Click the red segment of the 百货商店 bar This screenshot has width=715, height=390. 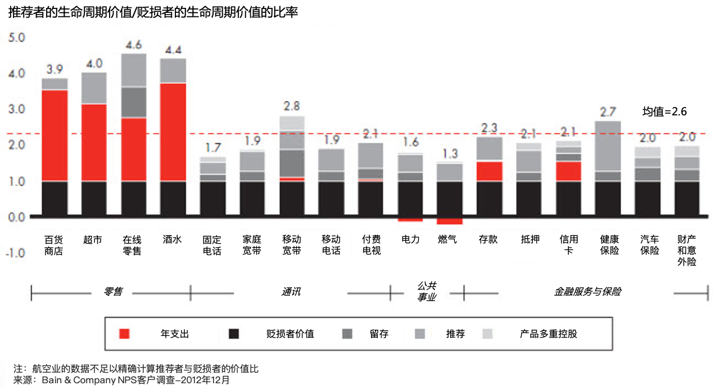click(55, 135)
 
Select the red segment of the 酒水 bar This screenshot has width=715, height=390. click(173, 132)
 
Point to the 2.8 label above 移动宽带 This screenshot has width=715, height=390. click(292, 106)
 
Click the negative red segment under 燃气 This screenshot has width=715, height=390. click(449, 221)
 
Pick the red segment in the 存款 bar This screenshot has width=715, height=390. click(489, 171)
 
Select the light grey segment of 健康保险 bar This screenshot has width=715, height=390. click(608, 146)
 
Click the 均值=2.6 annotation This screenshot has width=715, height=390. click(664, 111)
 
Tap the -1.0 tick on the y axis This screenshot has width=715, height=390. click(15, 253)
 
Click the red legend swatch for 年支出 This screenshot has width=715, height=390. click(124, 334)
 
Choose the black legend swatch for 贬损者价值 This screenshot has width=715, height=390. click(234, 334)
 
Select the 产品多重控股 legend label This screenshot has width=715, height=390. click(548, 334)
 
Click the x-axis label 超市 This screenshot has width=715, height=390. click(93, 239)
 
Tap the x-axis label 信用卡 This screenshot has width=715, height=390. click(568, 245)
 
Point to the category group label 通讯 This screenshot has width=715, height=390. click(291, 292)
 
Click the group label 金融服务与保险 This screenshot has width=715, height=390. click(587, 292)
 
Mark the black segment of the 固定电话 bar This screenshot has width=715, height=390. click(212, 198)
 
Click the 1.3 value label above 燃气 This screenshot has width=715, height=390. click(450, 153)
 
